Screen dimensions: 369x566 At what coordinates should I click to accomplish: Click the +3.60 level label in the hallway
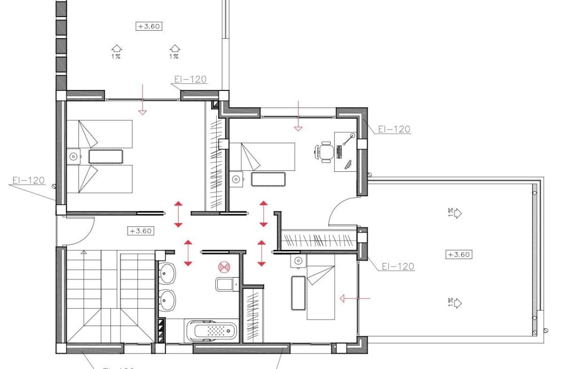140,231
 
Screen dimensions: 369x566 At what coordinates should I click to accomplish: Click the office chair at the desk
325,152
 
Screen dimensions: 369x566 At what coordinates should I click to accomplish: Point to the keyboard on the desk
339,152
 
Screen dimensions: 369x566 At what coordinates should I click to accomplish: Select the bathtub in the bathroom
212,331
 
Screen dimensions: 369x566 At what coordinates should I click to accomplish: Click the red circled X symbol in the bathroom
224,266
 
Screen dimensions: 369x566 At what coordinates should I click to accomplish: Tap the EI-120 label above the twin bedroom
190,80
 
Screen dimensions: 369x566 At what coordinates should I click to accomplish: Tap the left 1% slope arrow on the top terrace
116,48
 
